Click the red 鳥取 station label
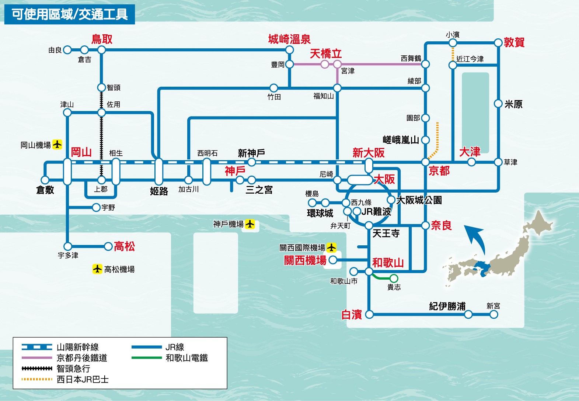(102, 39)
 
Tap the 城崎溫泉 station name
(289, 39)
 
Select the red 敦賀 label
(514, 42)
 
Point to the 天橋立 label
(326, 54)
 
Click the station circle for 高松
(108, 246)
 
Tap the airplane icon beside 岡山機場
(57, 145)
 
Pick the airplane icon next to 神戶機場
(250, 224)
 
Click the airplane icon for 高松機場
(97, 269)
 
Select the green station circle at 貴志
(394, 278)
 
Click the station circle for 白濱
(369, 315)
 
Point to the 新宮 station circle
(494, 315)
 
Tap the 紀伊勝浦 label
(447, 306)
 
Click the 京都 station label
(439, 171)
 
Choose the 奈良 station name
(441, 225)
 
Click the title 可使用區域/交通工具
(70, 14)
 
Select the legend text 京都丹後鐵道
(82, 358)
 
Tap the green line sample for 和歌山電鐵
(147, 358)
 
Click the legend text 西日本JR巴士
(83, 379)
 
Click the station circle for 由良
(67, 50)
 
